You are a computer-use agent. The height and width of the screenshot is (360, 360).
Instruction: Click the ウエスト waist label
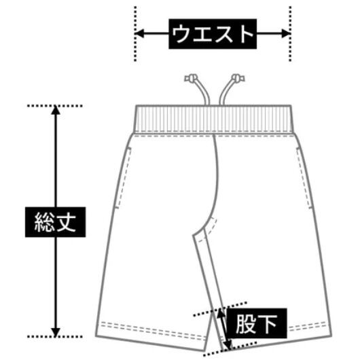pyautogui.click(x=213, y=34)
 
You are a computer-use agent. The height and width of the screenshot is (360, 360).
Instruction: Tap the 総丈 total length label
pyautogui.click(x=55, y=222)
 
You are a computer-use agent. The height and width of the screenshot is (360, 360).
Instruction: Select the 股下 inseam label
pyautogui.click(x=257, y=323)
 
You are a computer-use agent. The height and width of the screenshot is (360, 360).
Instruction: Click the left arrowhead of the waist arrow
pyautogui.click(x=139, y=33)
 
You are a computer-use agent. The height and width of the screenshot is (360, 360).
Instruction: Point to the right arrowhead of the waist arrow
pyautogui.click(x=286, y=33)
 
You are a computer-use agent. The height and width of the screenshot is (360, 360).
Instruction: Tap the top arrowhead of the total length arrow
pyautogui.click(x=56, y=110)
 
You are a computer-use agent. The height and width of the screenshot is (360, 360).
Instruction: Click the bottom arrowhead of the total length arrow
pyautogui.click(x=56, y=332)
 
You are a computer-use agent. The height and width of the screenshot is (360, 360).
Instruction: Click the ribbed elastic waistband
pyautogui.click(x=213, y=119)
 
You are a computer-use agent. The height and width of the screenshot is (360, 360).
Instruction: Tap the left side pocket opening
pyautogui.click(x=123, y=178)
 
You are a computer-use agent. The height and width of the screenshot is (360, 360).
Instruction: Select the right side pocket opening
pyautogui.click(x=304, y=178)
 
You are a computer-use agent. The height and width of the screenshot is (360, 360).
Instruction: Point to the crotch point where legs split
pyautogui.click(x=194, y=234)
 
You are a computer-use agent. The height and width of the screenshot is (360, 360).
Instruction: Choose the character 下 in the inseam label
pyautogui.click(x=268, y=323)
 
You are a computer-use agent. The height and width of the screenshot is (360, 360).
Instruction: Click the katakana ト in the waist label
pyautogui.click(x=247, y=34)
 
